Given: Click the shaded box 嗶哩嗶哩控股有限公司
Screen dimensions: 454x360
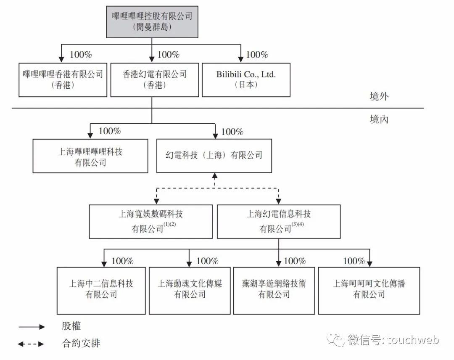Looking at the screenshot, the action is tap(152, 22).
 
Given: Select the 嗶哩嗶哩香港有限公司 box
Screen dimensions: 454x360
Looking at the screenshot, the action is tap(63, 80).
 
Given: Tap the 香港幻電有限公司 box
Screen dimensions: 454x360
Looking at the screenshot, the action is tap(155, 80).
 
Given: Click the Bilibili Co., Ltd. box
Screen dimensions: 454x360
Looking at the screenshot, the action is tap(246, 80).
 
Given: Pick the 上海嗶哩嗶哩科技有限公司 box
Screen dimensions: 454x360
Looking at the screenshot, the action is tap(90, 156).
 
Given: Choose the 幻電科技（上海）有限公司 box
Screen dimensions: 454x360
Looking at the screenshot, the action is tap(214, 156).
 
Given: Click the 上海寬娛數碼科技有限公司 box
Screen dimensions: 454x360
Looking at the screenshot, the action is tap(151, 222).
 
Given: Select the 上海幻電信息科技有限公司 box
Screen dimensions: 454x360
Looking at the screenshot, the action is tap(279, 222).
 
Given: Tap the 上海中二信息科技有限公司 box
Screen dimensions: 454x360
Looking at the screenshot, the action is tap(101, 291).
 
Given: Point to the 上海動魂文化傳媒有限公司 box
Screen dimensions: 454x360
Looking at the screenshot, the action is tap(190, 291).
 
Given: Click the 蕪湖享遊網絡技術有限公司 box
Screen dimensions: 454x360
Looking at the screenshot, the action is tap(274, 291).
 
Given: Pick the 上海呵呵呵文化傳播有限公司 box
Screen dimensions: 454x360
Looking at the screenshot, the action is tap(369, 291).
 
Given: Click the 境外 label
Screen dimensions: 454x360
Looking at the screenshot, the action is tap(379, 96).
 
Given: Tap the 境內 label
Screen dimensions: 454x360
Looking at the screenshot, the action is tap(379, 119).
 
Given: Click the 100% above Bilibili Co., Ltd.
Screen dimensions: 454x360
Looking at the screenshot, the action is tap(257, 54).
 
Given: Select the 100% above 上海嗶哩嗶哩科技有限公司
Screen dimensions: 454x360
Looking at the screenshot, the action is tap(109, 131).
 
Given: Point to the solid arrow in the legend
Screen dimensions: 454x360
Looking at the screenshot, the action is tap(32, 327).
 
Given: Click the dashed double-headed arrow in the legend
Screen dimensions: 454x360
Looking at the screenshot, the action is tap(31, 344).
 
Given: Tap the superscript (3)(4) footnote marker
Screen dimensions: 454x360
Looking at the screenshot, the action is tap(298, 224).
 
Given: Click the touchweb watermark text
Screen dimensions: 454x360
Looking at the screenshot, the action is tap(414, 340).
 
